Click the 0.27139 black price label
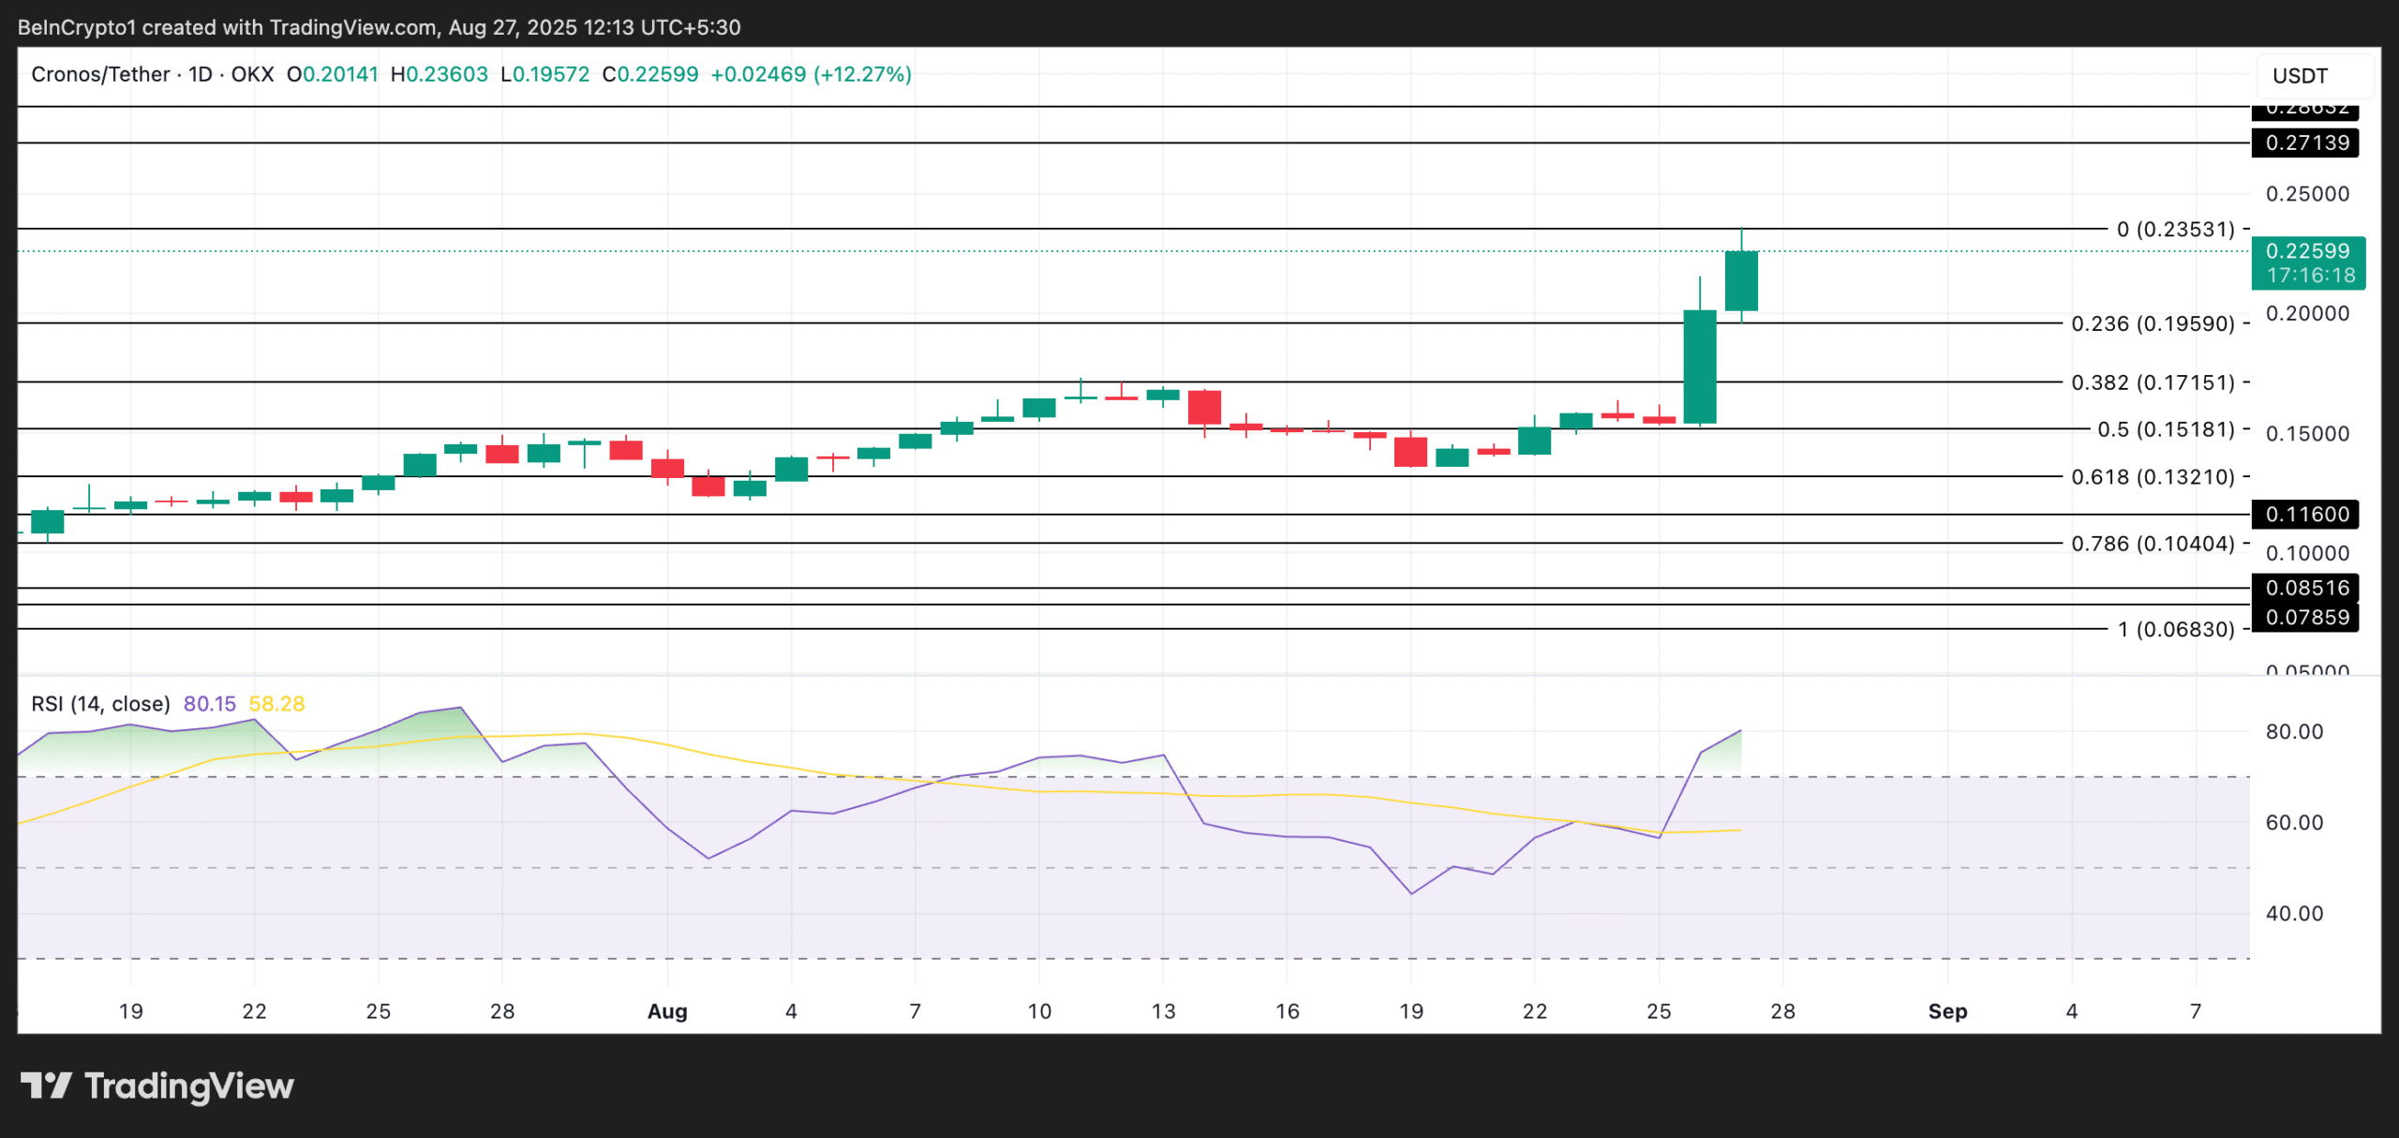coord(2306,143)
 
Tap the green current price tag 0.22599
coord(2306,251)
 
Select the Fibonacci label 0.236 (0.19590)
coord(2153,324)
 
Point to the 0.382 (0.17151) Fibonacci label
coord(2153,382)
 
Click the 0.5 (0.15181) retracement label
coord(2166,429)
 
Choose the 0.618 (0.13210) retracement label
coord(2153,477)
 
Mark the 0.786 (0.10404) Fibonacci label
coord(2153,544)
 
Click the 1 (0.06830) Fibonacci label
coord(2176,629)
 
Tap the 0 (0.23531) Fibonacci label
coord(2176,230)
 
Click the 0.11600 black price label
coord(2306,515)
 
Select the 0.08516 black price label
coord(2306,589)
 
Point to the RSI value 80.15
coord(210,704)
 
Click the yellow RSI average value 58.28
coord(276,704)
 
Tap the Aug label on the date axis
coord(667,1011)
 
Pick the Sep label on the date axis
coord(1947,1011)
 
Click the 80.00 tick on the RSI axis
coord(2294,732)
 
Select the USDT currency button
coord(2300,76)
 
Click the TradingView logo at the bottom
coord(157,1086)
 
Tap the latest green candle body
coord(1741,280)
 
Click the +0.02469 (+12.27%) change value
coord(811,75)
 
